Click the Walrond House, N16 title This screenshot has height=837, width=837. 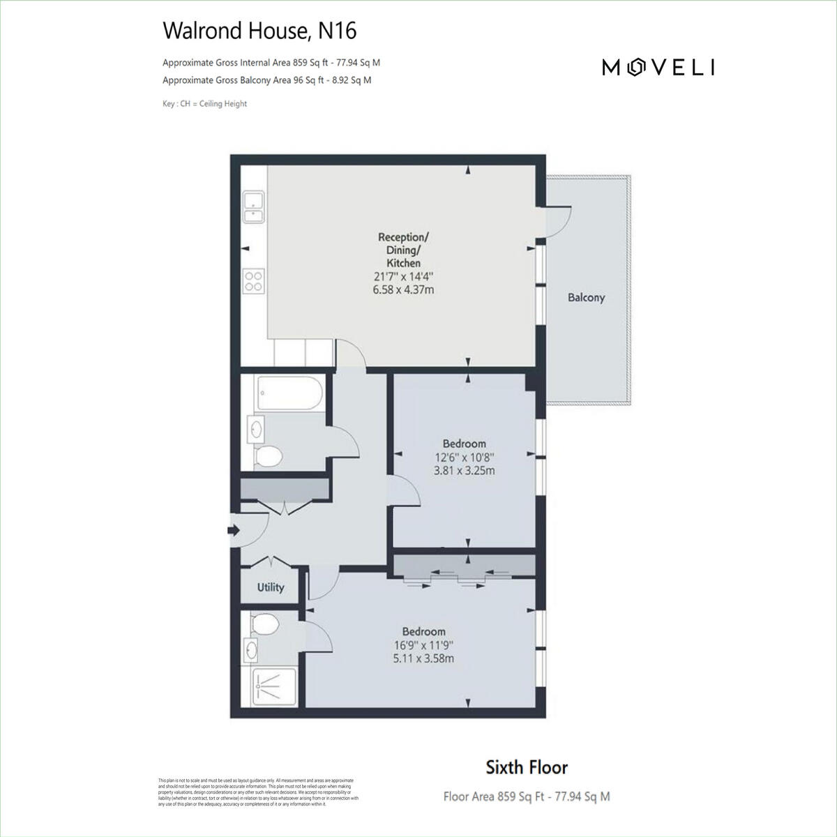tap(259, 31)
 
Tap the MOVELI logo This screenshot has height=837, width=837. tap(658, 67)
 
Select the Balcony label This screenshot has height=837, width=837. tap(586, 298)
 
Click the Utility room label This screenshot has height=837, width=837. tap(271, 587)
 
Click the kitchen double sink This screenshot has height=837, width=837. tap(252, 206)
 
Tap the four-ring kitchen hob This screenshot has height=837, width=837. tap(253, 280)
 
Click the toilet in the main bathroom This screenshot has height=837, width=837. tap(267, 457)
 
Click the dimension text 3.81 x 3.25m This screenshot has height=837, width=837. tap(465, 471)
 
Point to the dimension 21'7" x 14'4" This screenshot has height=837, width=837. tap(404, 276)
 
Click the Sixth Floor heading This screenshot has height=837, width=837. tap(527, 768)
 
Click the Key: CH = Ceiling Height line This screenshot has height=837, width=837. tap(204, 104)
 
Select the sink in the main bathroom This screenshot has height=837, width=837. tap(256, 428)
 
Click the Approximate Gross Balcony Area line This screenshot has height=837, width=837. tap(266, 80)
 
